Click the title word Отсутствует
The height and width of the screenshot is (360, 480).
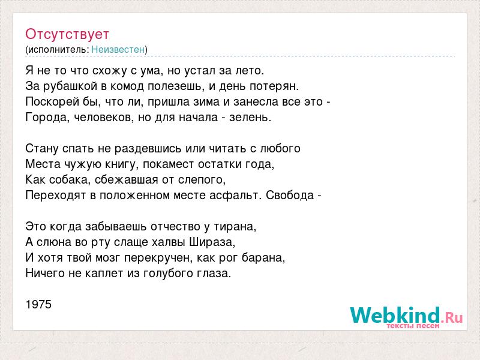point(67,34)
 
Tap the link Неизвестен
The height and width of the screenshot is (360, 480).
point(118,50)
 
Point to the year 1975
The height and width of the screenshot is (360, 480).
point(38,305)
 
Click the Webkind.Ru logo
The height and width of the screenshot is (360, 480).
point(406,316)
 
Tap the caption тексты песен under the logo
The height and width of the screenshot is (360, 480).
point(413,326)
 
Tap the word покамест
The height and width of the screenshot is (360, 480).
point(169,164)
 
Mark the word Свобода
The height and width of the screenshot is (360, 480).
point(290,196)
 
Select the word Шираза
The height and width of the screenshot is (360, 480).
point(212,242)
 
